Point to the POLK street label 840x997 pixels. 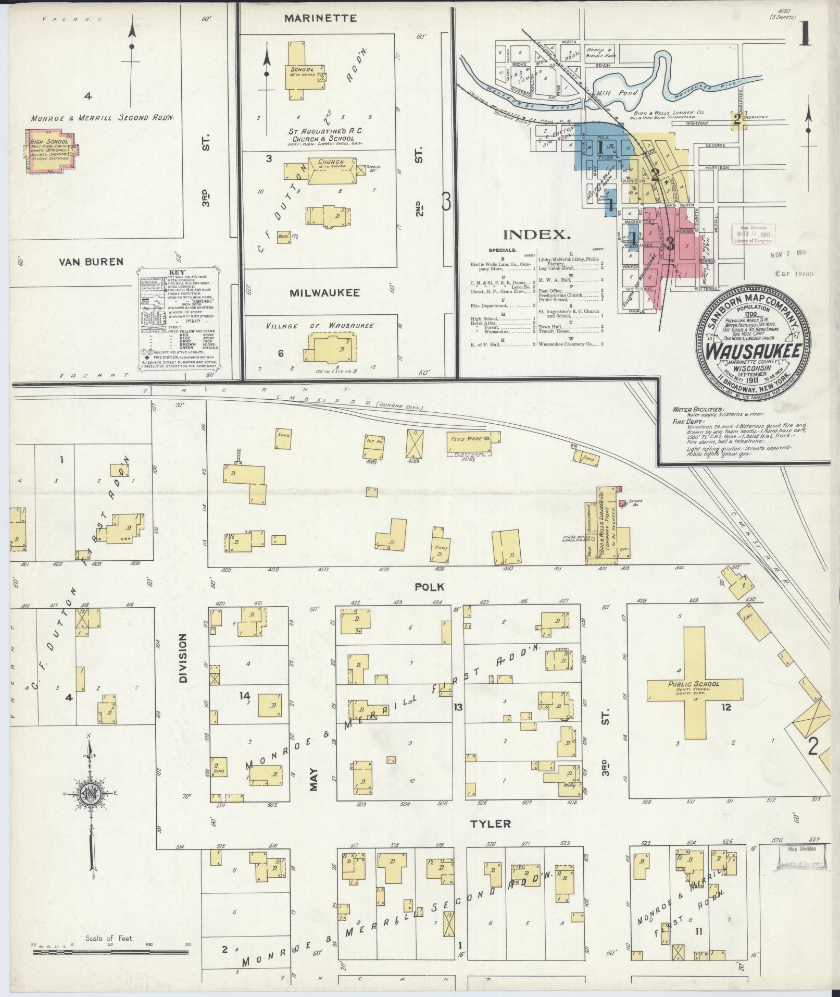(429, 587)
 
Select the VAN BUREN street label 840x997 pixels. (91, 262)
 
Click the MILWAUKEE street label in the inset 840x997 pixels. (324, 293)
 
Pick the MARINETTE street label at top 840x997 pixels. (320, 19)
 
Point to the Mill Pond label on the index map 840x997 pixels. (609, 92)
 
